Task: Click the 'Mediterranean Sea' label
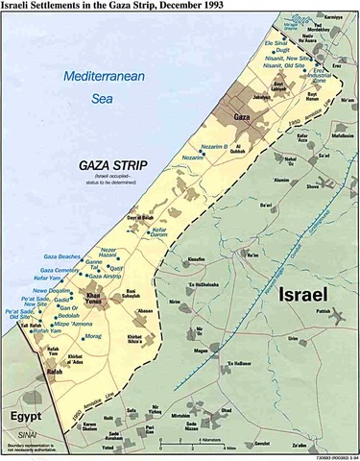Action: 97,86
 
